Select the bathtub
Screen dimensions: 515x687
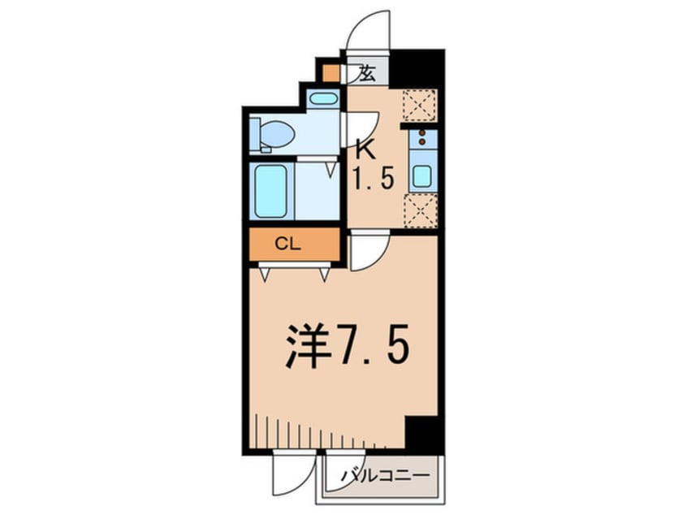pyautogui.click(x=270, y=191)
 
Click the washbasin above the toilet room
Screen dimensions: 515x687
pyautogui.click(x=324, y=99)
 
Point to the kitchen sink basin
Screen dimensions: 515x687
pyautogui.click(x=421, y=176)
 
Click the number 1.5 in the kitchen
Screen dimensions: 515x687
pyautogui.click(x=372, y=177)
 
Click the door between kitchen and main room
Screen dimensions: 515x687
pyautogui.click(x=369, y=252)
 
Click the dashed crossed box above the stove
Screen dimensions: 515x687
pyautogui.click(x=421, y=105)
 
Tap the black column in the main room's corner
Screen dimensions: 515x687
pyautogui.click(x=424, y=434)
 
